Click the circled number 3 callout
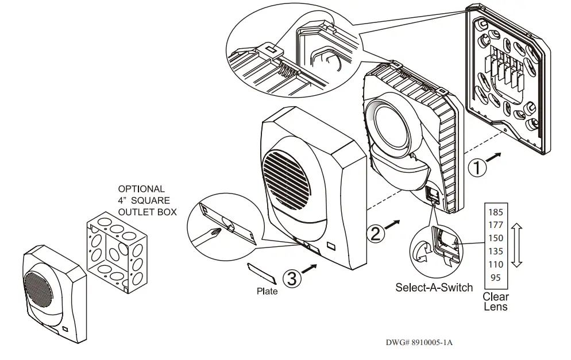(x=292, y=278)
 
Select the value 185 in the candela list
(x=495, y=211)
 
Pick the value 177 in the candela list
(x=495, y=224)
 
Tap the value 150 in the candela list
(x=495, y=238)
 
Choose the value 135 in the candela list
(x=495, y=251)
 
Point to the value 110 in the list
(x=495, y=264)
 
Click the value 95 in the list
(x=495, y=278)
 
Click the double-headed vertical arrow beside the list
(x=516, y=246)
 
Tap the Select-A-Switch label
(x=434, y=287)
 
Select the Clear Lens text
(x=495, y=301)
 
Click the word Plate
(x=267, y=291)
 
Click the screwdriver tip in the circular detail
(x=215, y=232)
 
